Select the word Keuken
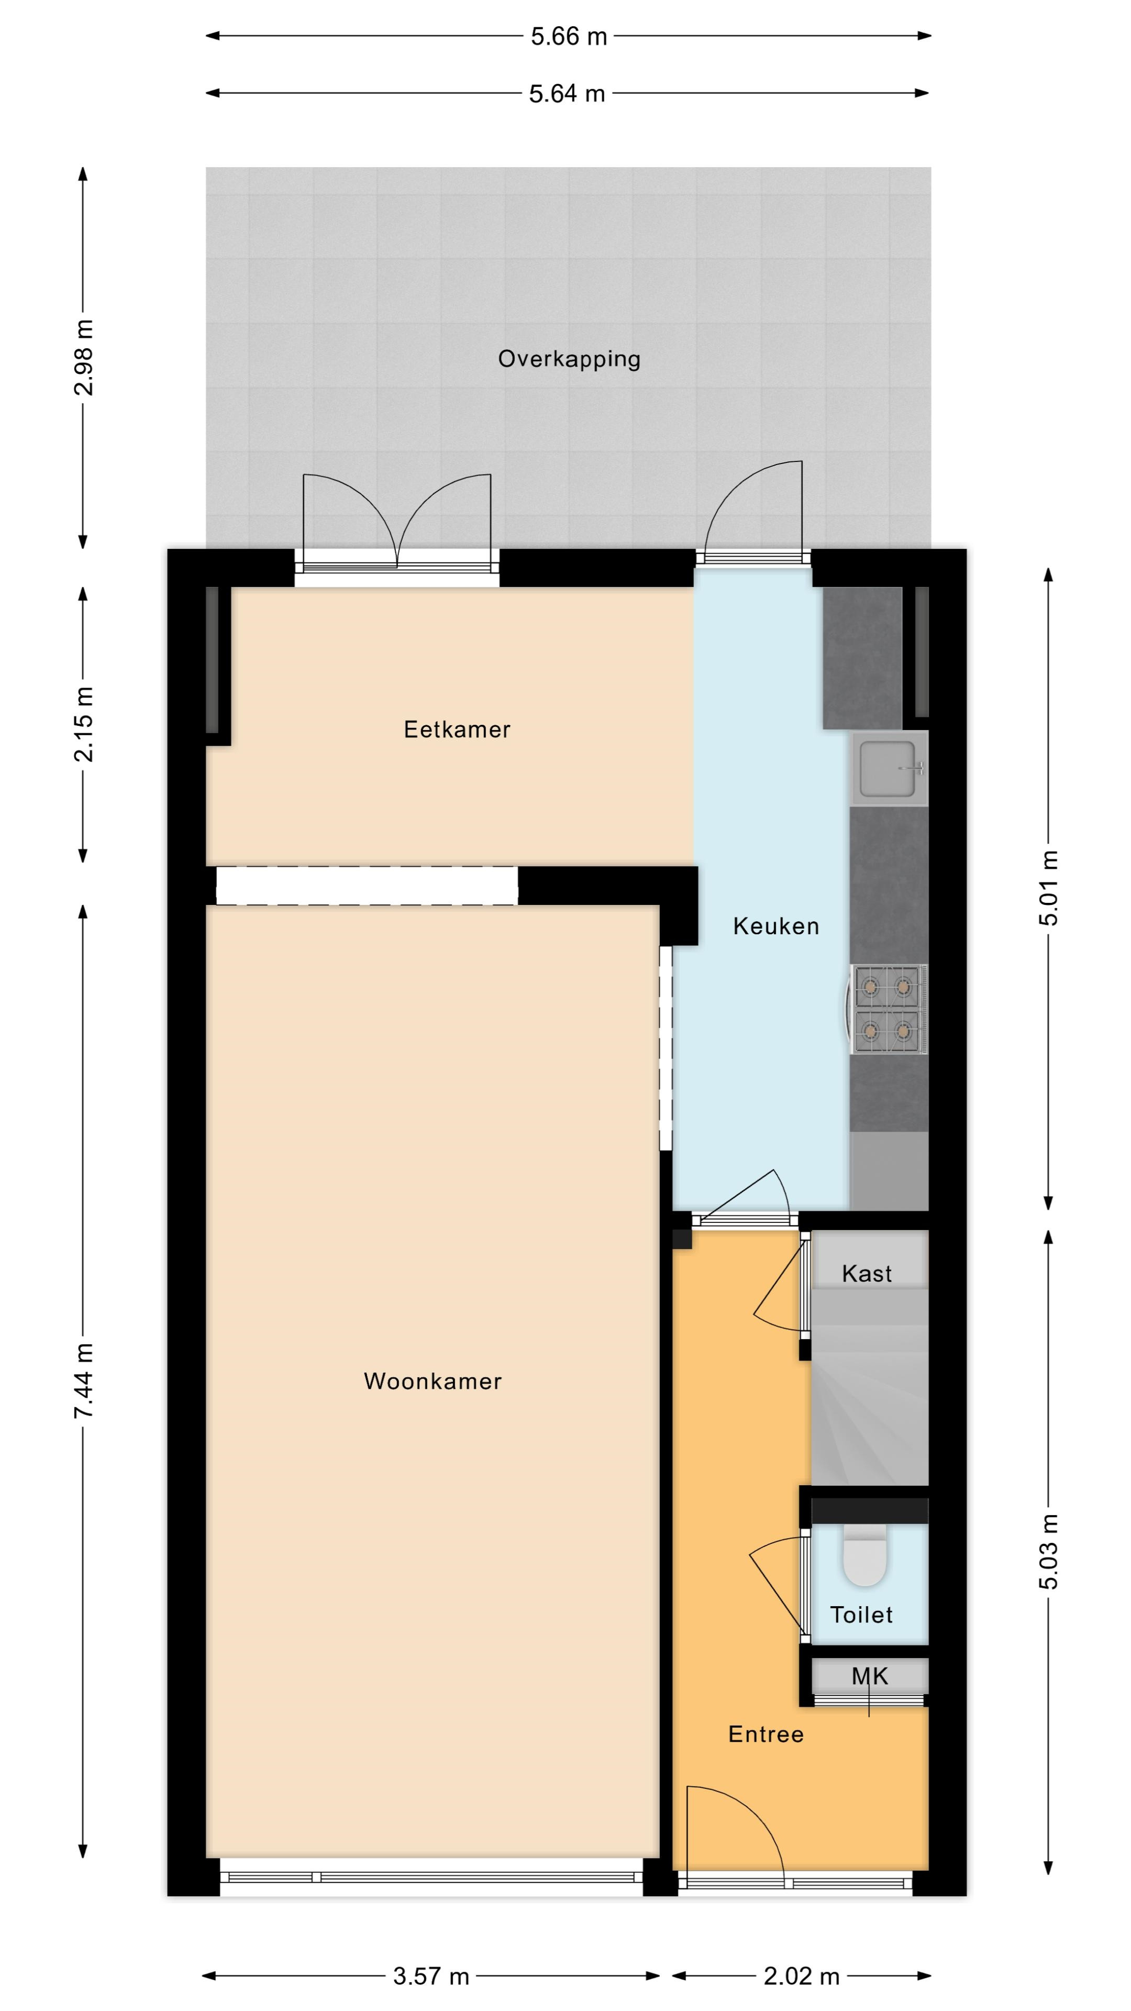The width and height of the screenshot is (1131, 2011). (776, 926)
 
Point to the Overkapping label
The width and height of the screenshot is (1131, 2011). (569, 359)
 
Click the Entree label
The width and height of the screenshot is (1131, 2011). (766, 1734)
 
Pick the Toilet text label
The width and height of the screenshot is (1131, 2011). (861, 1615)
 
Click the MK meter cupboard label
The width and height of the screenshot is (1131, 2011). (870, 1676)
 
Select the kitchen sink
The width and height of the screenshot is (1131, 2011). (889, 768)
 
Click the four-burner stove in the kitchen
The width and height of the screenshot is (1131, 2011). (888, 1009)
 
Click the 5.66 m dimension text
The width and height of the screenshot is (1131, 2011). (569, 37)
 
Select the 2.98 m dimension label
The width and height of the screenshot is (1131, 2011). (84, 358)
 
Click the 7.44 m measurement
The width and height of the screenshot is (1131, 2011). (84, 1381)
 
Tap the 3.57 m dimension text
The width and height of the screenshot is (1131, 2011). (431, 1976)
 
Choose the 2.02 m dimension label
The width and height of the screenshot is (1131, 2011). (802, 1976)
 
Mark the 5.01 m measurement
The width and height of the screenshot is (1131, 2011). (1048, 888)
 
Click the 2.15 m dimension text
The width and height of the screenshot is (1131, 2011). (84, 724)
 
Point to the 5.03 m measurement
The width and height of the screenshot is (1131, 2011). (1048, 1551)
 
